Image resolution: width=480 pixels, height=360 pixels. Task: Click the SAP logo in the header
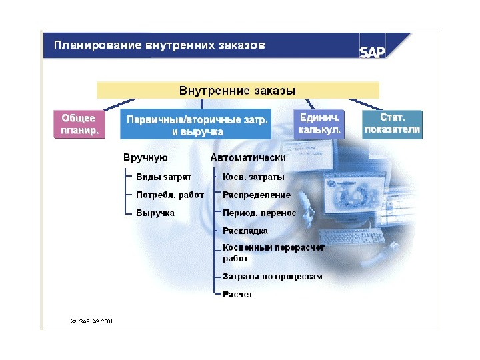pos(373,52)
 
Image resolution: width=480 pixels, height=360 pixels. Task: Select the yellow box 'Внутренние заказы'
pos(237,90)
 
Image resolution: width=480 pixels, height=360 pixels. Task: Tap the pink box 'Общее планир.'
pos(79,124)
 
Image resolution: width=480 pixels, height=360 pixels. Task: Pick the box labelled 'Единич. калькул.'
pos(320,124)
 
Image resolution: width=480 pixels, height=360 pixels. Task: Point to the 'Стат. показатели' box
pos(393,124)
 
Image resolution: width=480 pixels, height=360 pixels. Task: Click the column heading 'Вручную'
pos(145,158)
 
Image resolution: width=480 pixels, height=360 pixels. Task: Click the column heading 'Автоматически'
pos(248,158)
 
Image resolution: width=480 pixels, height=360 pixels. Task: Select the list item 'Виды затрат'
pos(163,177)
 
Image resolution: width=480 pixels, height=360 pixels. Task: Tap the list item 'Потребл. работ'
pos(170,195)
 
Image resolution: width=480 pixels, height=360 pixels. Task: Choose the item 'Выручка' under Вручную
pos(155,213)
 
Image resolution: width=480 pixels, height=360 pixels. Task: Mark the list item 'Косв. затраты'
pos(253,177)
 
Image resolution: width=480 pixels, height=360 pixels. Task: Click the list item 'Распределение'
pos(257,195)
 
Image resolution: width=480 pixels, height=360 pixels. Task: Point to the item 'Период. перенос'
pos(259,213)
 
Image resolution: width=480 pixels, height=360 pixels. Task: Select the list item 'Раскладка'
pos(245,231)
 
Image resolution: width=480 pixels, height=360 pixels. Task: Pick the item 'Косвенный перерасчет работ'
pos(273,253)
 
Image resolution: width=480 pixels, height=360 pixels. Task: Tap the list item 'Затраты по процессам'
pos(273,276)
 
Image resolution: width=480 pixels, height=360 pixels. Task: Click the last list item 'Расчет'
pos(238,294)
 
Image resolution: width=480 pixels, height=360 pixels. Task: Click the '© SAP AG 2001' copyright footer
pos(92,321)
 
